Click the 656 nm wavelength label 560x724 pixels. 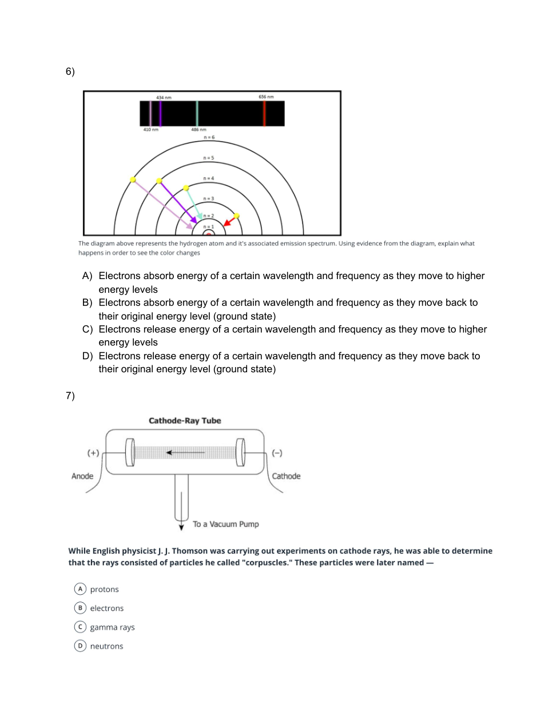coord(266,97)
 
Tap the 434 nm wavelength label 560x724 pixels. coord(164,98)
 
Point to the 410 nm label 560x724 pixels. coord(150,130)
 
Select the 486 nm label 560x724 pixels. coord(198,130)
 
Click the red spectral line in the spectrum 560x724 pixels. coord(264,113)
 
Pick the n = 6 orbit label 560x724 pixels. coord(209,137)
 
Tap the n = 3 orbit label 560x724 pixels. coord(209,198)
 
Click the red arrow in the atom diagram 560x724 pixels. coord(230,221)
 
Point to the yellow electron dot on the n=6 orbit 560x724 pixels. coord(133,180)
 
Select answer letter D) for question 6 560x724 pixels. coord(87,356)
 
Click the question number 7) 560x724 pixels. coord(70,396)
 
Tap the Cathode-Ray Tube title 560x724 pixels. coord(185,420)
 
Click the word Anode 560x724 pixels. coord(82,476)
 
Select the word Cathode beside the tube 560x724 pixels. coord(286,476)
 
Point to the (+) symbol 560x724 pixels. coord(93,453)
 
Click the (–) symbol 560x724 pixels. coord(277,453)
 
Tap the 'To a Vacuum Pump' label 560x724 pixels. coord(225,524)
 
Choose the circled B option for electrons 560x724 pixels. coord(80,608)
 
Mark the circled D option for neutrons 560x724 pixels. coord(80,646)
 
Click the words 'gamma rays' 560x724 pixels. coord(112,627)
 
